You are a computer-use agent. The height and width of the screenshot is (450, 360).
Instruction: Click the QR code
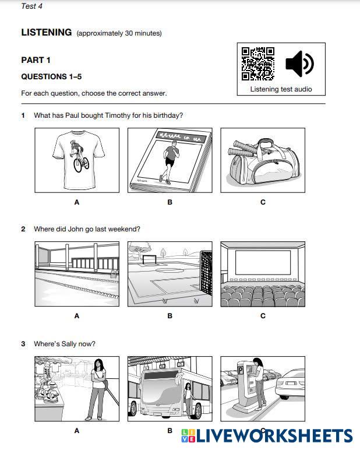coord(258,64)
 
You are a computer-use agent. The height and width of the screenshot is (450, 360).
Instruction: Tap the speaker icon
coord(299,64)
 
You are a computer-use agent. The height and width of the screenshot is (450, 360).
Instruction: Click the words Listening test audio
coord(281,89)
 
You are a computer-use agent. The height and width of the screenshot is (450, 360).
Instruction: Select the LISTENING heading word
coord(47,33)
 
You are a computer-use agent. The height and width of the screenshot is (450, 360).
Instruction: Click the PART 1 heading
coord(36,60)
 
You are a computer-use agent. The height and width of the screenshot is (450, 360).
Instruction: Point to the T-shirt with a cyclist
coord(77,159)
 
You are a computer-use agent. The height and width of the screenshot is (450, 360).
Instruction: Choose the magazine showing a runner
coord(170,160)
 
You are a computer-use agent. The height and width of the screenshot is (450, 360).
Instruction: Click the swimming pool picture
coord(77,274)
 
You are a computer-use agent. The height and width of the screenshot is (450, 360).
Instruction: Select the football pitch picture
coord(170,274)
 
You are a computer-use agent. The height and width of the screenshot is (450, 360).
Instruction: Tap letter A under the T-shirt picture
coord(77,202)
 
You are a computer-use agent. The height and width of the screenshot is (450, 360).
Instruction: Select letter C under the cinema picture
coord(263,316)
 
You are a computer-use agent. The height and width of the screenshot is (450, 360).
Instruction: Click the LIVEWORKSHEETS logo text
coord(274,436)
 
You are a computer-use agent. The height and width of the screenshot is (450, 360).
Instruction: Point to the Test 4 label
coord(31,6)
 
